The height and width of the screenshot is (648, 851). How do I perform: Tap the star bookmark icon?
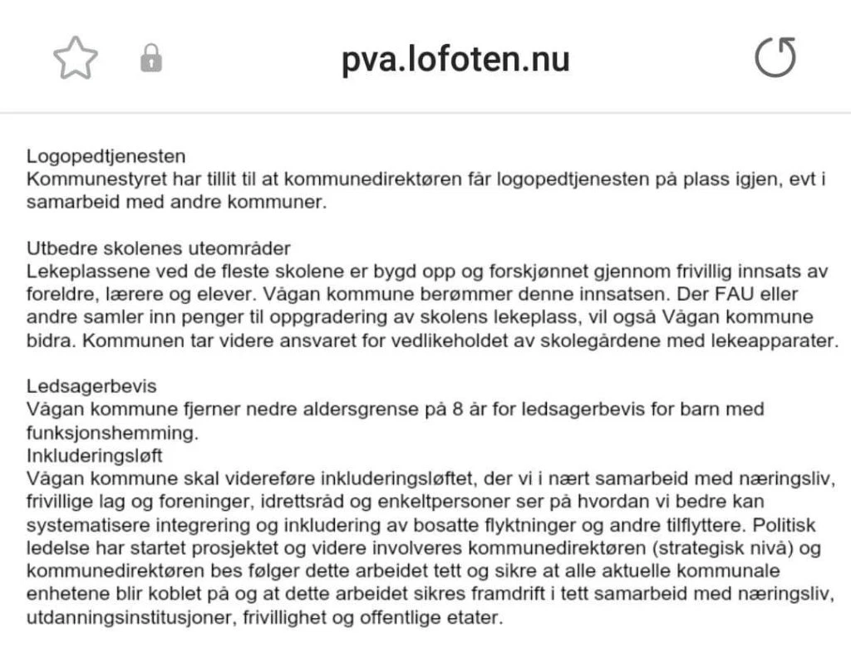76,58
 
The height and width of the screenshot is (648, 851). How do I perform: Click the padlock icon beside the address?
151,58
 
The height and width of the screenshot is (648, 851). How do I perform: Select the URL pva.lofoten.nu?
455,59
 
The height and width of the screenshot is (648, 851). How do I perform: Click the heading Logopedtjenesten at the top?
106,156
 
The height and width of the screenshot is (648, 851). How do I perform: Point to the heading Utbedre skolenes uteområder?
158,248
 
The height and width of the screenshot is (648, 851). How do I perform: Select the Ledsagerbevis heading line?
91,387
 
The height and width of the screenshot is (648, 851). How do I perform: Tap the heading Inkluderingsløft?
93,456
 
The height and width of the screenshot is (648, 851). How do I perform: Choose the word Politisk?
793,525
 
